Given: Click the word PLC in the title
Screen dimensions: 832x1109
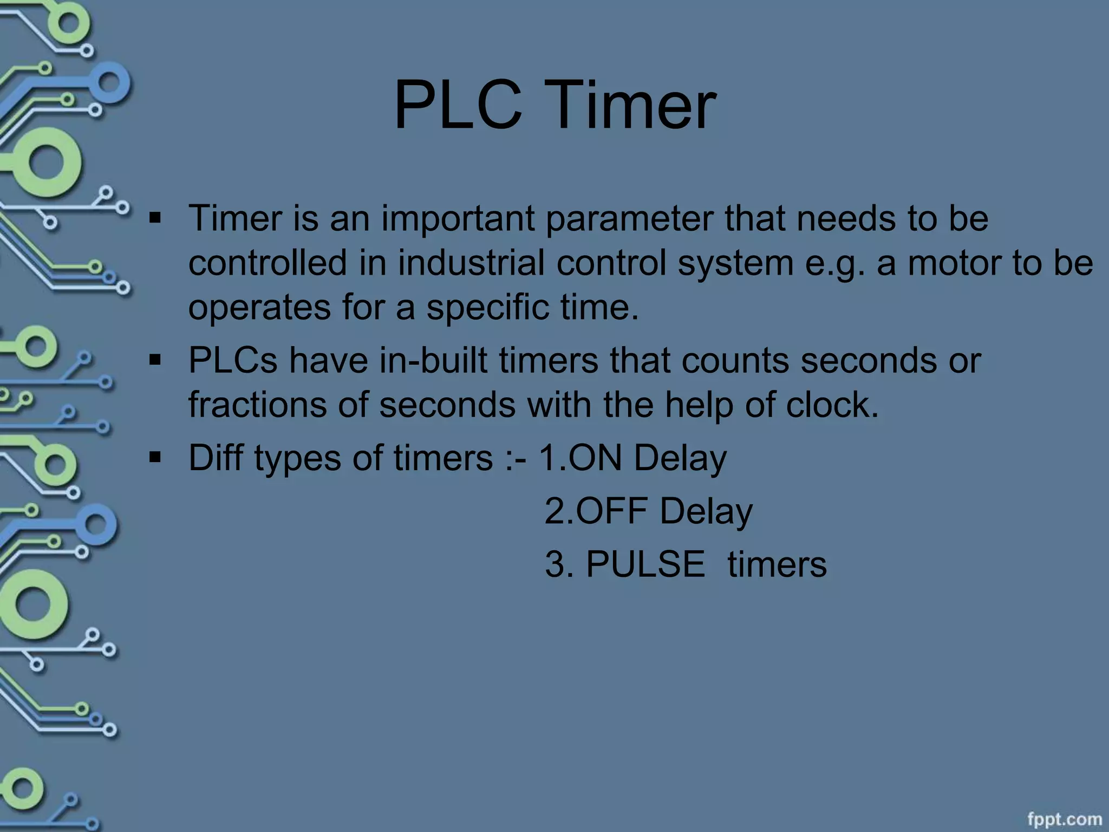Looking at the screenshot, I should pos(458,105).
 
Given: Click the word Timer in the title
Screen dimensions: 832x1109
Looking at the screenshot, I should pos(634,105).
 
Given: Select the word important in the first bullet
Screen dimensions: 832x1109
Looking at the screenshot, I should pos(458,219).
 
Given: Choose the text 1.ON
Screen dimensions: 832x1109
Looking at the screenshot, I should pos(579,458).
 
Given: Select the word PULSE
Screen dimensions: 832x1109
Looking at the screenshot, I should pos(645,564).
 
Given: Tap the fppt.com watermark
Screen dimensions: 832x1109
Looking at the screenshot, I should pos(1064,818).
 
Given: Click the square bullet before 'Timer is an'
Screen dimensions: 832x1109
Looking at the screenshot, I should pos(155,218).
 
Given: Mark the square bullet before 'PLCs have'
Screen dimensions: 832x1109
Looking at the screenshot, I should pos(155,360).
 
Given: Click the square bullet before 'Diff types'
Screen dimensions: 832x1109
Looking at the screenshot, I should pos(155,458).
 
